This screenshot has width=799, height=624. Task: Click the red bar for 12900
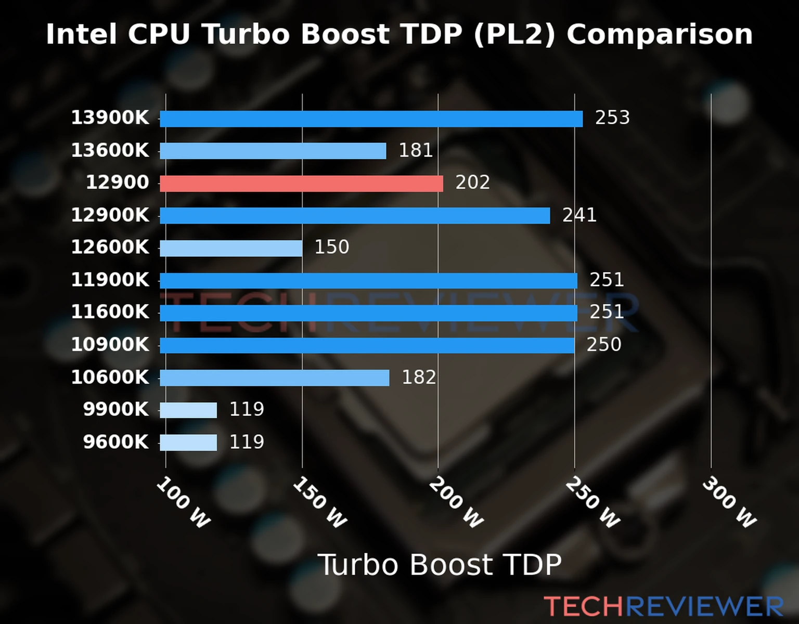pos(301,184)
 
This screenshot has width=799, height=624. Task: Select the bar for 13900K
pos(371,119)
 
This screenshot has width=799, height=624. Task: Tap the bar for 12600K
pos(231,248)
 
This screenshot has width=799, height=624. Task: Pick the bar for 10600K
pos(274,378)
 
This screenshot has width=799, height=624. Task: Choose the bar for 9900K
pos(188,410)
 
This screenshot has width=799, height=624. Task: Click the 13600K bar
pos(273,151)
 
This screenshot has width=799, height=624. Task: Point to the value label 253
pos(612,118)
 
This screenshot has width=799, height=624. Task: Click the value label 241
pos(579,215)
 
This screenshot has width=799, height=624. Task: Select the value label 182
pos(419,378)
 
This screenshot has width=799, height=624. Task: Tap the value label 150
pos(331,247)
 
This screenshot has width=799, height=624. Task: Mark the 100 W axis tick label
pos(183,502)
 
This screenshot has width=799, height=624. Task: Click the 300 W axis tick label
pos(729,502)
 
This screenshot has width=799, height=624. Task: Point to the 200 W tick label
pos(456,502)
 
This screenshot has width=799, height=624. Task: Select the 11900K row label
pos(110,280)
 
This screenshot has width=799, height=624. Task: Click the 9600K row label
pos(116,442)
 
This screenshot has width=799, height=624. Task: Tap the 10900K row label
pos(110,344)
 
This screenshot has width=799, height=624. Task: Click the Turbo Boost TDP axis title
pos(440,565)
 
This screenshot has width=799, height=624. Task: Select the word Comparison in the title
pos(660,34)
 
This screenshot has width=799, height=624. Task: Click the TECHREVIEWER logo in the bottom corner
pos(663,606)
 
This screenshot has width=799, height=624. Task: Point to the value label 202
pos(472,183)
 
